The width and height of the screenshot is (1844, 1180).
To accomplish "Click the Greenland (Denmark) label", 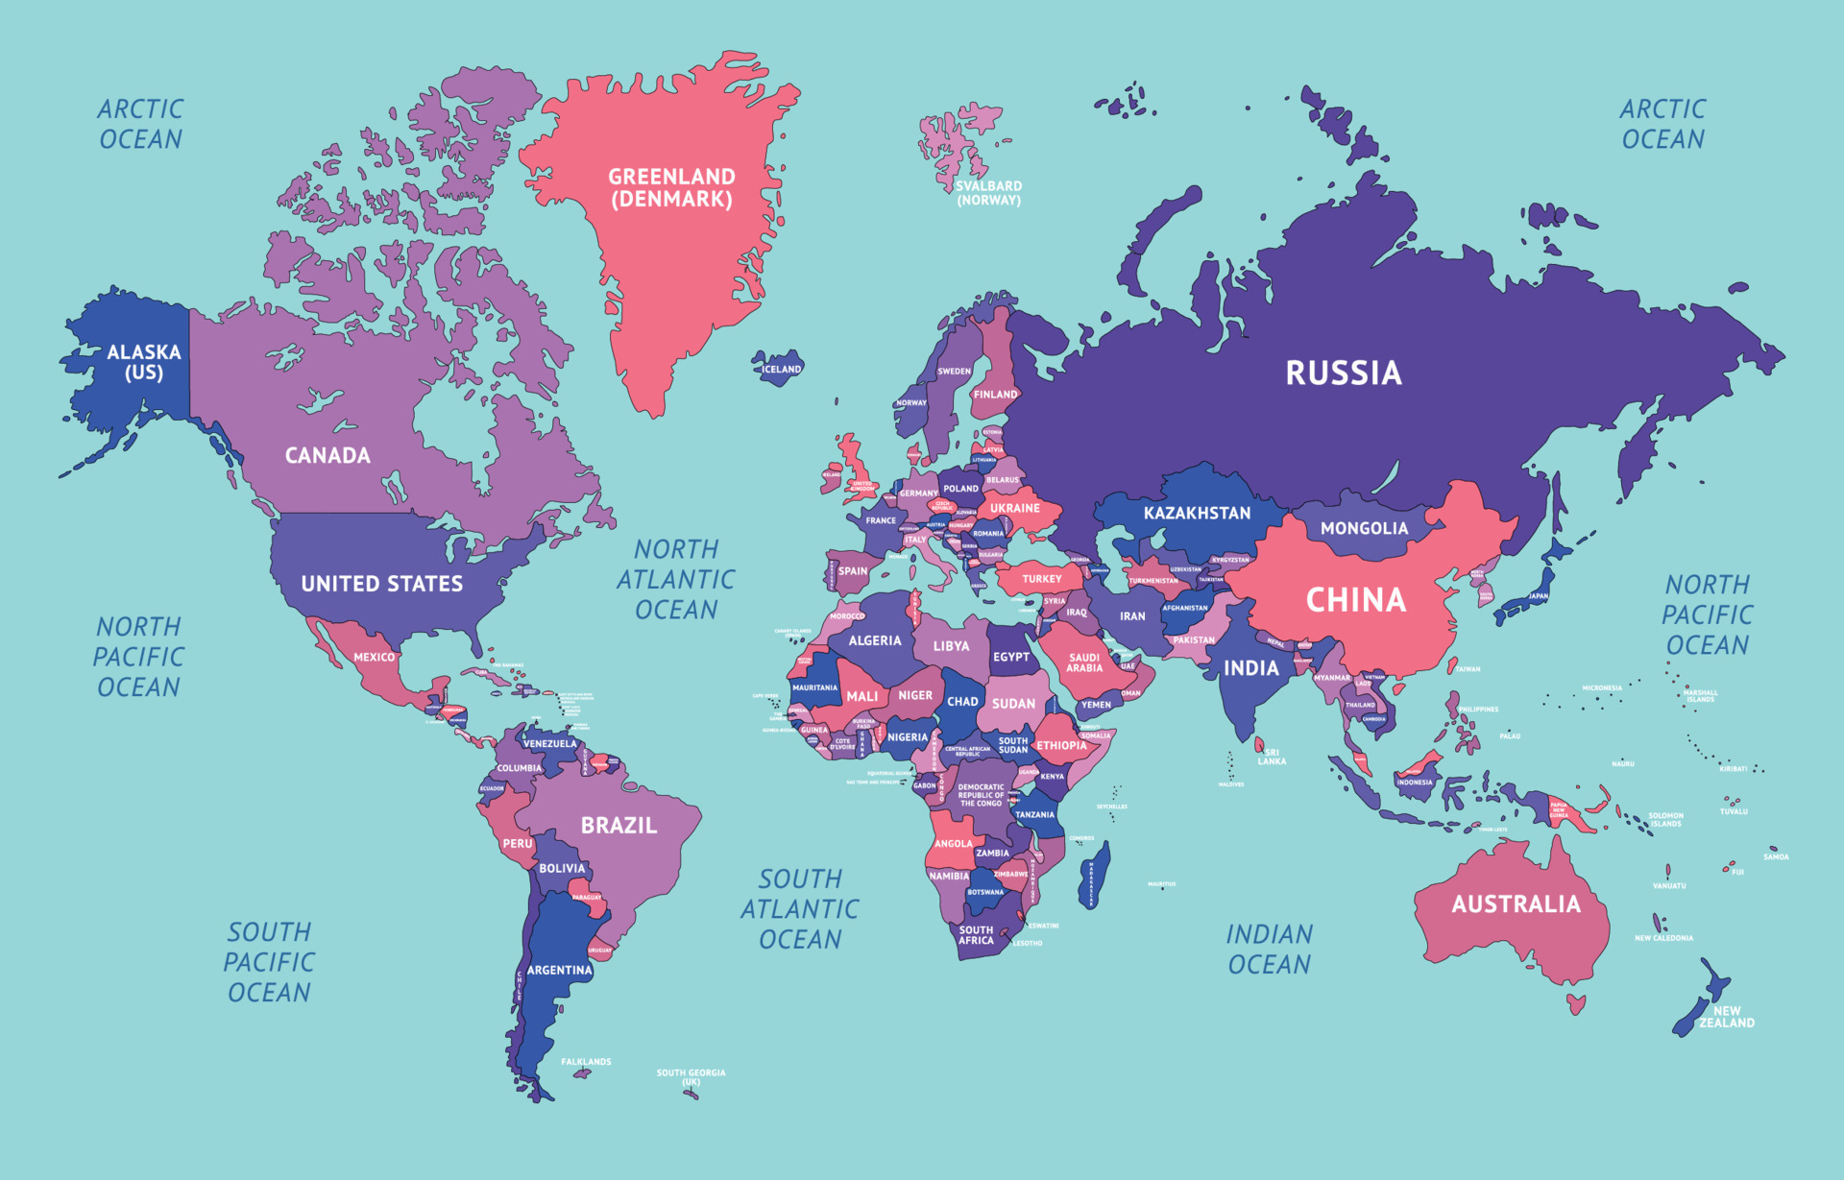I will (671, 188).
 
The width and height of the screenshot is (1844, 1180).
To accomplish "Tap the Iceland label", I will (781, 369).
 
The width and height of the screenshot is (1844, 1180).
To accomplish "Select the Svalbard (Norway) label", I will (988, 193).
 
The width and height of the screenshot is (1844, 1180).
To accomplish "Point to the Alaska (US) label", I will (144, 362).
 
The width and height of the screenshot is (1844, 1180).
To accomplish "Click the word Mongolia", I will (1364, 528).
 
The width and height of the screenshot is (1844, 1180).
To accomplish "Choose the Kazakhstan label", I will (1197, 514).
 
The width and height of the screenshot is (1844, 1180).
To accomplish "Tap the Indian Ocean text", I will (1269, 949).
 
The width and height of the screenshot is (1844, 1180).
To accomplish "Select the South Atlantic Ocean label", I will (799, 908).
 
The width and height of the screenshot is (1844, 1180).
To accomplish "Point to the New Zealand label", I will (1726, 1017).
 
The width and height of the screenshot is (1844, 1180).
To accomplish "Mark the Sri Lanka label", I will (1272, 757).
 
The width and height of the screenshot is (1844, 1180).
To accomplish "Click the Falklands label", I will (586, 1062).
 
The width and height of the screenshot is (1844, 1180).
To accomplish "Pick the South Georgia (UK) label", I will (691, 1077).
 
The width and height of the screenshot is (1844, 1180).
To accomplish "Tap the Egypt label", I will (1010, 657).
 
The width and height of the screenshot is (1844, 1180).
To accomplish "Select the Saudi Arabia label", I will (1084, 662).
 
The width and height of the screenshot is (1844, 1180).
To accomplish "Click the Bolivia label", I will (562, 868).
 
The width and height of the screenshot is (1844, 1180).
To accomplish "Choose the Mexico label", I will (374, 657).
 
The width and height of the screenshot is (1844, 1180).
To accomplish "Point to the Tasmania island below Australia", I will (1576, 1004).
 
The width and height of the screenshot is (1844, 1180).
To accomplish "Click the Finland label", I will (995, 394).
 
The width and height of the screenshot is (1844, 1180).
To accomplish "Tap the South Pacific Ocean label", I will (269, 962).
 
